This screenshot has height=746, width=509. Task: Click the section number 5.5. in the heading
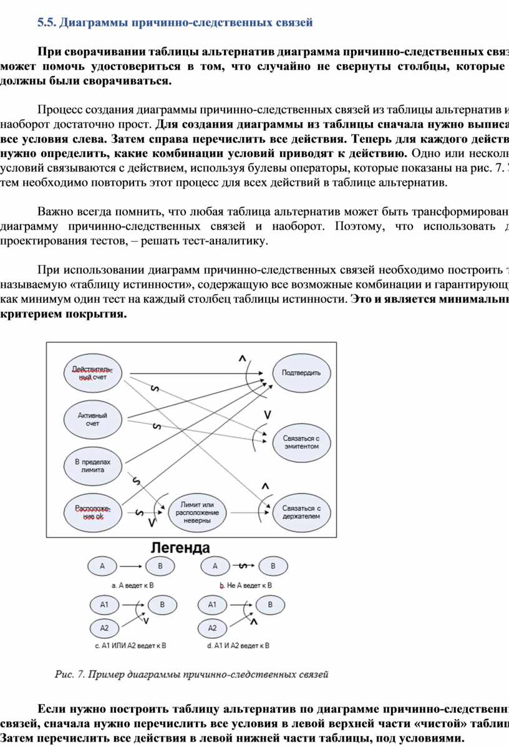click(x=46, y=23)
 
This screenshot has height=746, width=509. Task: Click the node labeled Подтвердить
click(x=301, y=373)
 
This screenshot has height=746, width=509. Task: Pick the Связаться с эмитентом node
click(x=301, y=442)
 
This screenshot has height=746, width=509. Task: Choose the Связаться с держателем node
click(x=301, y=512)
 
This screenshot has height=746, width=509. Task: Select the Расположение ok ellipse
click(x=92, y=512)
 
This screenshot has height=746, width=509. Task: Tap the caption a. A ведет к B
click(x=133, y=586)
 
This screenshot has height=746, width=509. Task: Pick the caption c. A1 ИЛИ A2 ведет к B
click(x=130, y=646)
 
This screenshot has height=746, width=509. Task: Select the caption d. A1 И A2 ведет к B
click(x=239, y=646)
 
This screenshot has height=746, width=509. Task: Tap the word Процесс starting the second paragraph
click(x=60, y=110)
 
